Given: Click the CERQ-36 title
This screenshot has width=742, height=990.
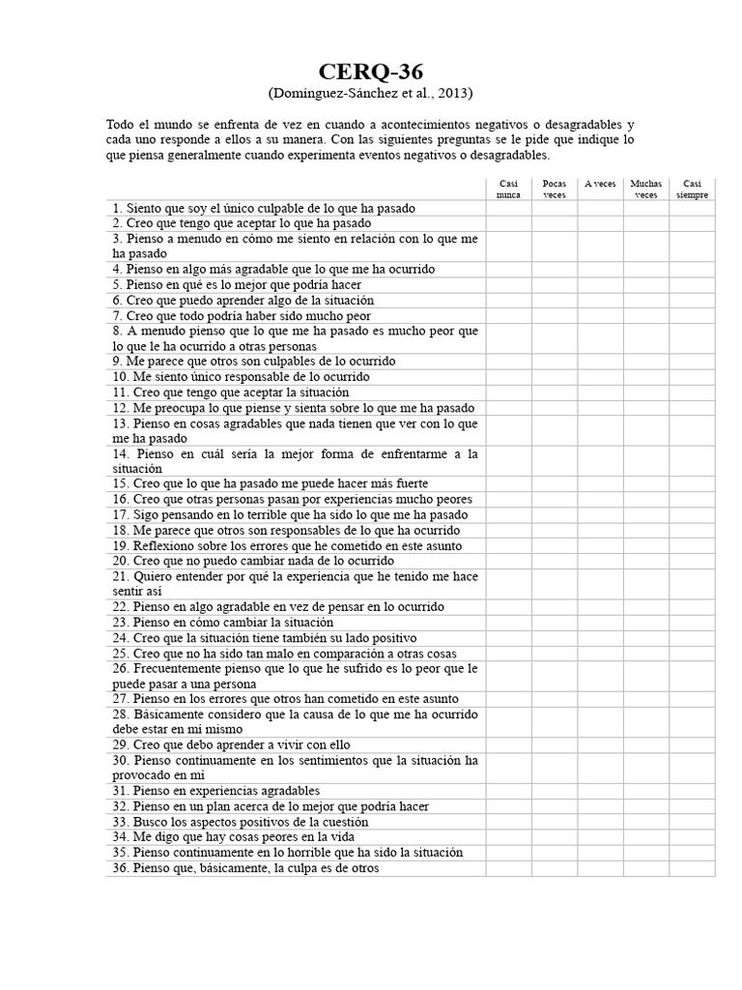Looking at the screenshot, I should click(371, 73).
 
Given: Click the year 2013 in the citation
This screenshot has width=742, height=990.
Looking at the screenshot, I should click(453, 94).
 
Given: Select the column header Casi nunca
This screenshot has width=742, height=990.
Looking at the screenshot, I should click(508, 189).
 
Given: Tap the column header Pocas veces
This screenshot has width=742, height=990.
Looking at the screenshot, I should click(555, 189).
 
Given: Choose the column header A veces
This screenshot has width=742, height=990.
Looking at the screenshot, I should click(600, 184).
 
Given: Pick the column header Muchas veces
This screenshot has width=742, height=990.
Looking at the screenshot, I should click(646, 189).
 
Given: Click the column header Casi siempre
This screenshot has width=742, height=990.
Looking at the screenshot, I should click(692, 189).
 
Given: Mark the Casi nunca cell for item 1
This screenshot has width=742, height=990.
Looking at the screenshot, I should click(508, 208).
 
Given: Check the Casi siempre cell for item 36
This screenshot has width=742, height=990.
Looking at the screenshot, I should click(692, 868).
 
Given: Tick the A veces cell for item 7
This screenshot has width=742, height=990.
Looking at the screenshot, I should click(600, 315).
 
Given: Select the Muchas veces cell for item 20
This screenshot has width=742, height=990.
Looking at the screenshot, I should click(646, 561).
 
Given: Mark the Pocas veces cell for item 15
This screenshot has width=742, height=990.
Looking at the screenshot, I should click(555, 483).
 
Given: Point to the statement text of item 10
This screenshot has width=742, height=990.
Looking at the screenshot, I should click(241, 377).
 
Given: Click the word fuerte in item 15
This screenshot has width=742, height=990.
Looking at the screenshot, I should click(410, 483).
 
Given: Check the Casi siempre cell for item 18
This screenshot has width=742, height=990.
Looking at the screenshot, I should click(692, 530).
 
